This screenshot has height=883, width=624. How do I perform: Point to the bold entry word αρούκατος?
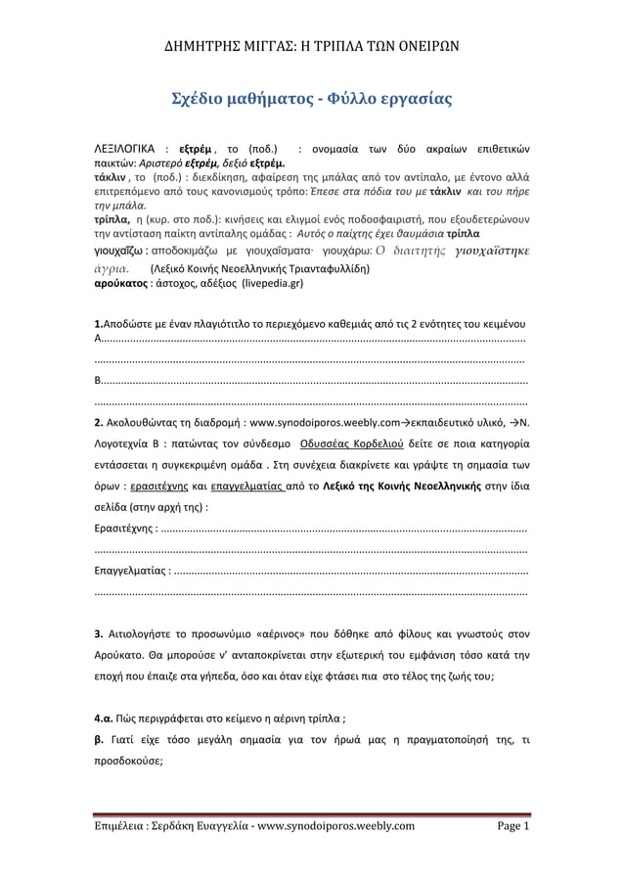[119, 283]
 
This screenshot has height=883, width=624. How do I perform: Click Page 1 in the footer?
[513, 825]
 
